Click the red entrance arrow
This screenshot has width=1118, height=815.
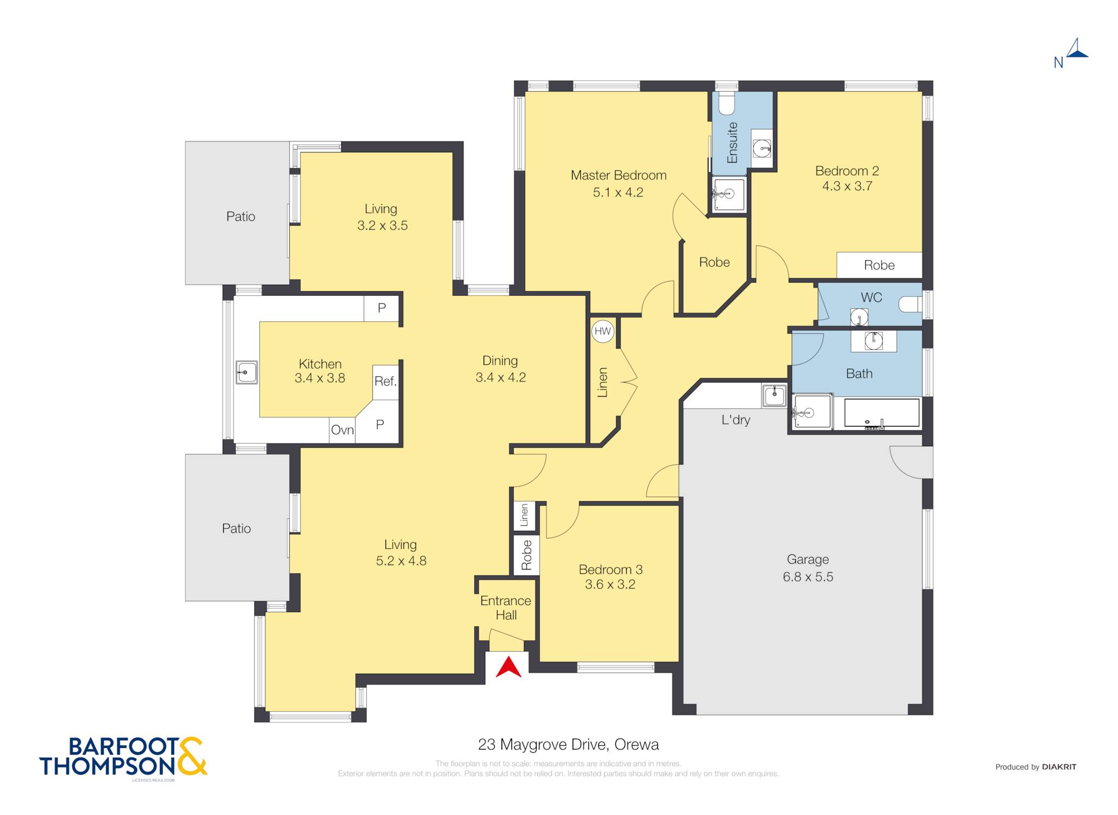click(508, 667)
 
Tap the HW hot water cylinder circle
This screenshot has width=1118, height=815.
click(603, 331)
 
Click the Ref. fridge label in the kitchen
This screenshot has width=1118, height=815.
click(385, 381)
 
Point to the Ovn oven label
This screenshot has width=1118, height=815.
click(342, 430)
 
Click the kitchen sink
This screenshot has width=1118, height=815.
click(246, 372)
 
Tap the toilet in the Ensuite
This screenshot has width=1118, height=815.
click(727, 104)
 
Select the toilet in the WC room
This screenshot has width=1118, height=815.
click(911, 304)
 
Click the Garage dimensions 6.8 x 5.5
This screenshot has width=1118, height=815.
click(808, 577)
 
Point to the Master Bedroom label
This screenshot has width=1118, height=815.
click(619, 175)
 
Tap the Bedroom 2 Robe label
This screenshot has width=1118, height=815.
click(879, 265)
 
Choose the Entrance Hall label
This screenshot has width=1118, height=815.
click(506, 608)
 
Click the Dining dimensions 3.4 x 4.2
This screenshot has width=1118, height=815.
click(501, 377)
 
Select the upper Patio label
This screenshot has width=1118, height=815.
click(241, 217)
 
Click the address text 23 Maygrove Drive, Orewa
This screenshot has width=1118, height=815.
click(568, 744)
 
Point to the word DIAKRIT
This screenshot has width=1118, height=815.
click(1059, 766)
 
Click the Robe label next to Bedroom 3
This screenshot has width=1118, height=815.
click(526, 555)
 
